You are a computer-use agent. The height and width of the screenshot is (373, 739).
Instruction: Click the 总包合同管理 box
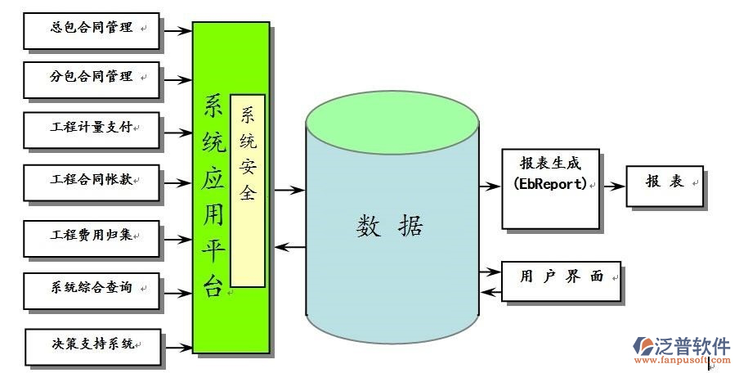pyautogui.click(x=92, y=29)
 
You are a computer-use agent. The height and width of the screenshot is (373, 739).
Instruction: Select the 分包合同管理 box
pyautogui.click(x=92, y=79)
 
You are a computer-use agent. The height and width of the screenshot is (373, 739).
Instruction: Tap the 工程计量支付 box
pyautogui.click(x=92, y=129)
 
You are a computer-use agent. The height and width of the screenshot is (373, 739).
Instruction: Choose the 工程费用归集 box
pyautogui.click(x=92, y=236)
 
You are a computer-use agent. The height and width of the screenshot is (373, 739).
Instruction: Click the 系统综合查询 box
pyautogui.click(x=92, y=289)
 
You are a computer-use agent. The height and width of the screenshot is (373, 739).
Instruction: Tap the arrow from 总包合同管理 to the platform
pyautogui.click(x=176, y=31)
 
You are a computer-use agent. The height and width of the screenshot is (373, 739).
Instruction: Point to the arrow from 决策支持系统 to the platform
pyautogui.click(x=177, y=347)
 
